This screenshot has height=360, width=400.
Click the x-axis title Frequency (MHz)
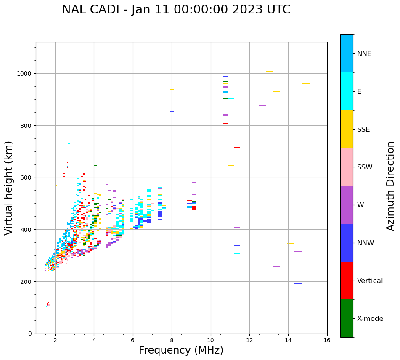181,350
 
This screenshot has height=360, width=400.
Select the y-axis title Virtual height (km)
9,188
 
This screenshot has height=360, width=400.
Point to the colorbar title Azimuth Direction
391,186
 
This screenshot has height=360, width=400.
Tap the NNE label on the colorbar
364,53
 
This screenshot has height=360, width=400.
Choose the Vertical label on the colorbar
370,281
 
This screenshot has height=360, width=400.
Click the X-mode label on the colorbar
370,318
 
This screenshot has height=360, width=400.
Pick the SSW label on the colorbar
365,167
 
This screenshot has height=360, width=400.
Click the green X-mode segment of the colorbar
347,318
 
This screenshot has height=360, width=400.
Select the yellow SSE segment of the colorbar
347,129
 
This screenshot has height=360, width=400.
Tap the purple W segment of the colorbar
347,205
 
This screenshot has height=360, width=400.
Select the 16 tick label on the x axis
327,341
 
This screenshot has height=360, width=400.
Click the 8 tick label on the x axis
172,341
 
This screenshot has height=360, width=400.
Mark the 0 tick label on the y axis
29,334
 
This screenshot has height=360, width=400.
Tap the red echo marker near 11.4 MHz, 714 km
237,148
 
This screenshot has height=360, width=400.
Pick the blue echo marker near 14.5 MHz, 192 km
298,283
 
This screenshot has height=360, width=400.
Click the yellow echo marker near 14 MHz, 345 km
291,244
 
